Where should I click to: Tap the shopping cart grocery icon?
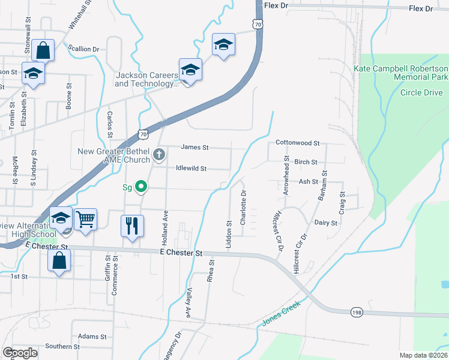pyautogui.click(x=86, y=220)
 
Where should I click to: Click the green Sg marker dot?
pyautogui.click(x=141, y=187)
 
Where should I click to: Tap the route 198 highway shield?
pyautogui.click(x=357, y=311)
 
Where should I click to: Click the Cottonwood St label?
pyautogui.click(x=298, y=143)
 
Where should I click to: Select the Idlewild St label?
pyautogui.click(x=191, y=169)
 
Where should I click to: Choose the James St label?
pyautogui.click(x=194, y=147)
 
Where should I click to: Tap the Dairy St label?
pyautogui.click(x=326, y=223)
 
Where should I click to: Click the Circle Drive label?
pyautogui.click(x=421, y=93)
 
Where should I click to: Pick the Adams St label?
pyautogui.click(x=92, y=337)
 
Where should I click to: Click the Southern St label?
pyautogui.click(x=62, y=347)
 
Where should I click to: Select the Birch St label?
pyautogui.click(x=306, y=163)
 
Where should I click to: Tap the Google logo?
pyautogui.click(x=20, y=353)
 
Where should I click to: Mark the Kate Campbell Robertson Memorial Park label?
pyautogui.click(x=401, y=73)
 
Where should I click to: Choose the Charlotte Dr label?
pyautogui.click(x=243, y=208)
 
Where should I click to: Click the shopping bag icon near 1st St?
pyautogui.click(x=59, y=261)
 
